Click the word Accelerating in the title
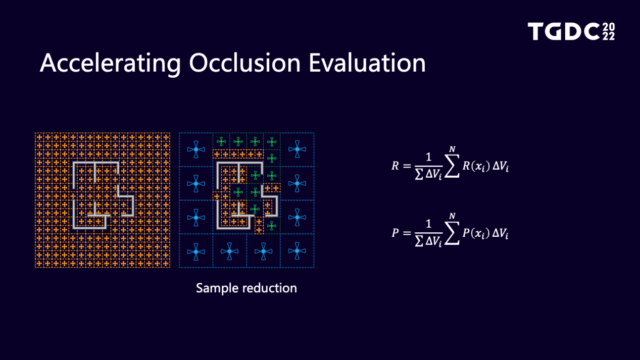[110, 64]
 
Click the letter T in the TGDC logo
[536, 31]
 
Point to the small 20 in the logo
[609, 27]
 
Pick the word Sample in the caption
[217, 288]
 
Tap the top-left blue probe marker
[196, 149]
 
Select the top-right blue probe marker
[297, 149]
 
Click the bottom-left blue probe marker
[196, 251]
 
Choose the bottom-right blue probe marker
[297, 251]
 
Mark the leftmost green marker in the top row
[221, 141]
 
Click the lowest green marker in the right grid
[271, 226]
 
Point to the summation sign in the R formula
[452, 166]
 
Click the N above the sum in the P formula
[452, 216]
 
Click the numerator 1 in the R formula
[428, 157]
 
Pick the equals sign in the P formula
[407, 233]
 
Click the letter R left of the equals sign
[395, 166]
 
